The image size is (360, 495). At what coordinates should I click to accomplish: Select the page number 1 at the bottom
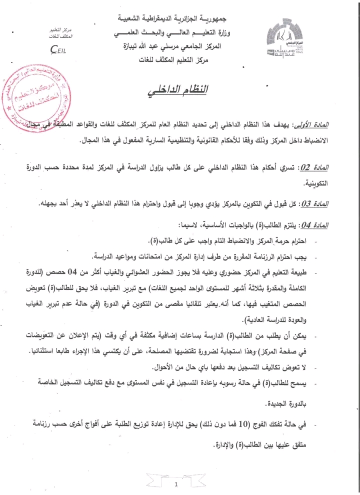click(176, 484)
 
